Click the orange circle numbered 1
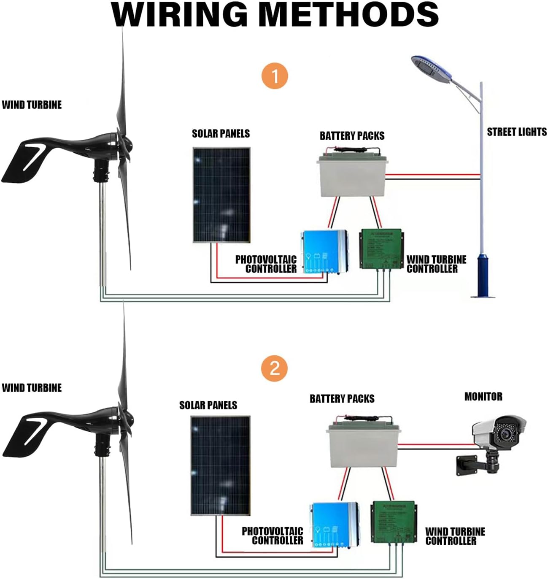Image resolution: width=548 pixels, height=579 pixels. pyautogui.click(x=275, y=76)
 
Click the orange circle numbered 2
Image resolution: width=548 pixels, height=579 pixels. pyautogui.click(x=274, y=368)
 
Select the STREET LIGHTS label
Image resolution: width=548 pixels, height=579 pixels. pyautogui.click(x=516, y=132)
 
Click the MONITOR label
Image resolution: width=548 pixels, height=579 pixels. pyautogui.click(x=483, y=397)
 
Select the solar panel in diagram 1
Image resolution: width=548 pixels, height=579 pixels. pyautogui.click(x=221, y=195)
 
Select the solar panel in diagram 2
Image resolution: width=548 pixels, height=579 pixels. pyautogui.click(x=220, y=465)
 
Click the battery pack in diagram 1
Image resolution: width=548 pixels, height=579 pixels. pyautogui.click(x=351, y=176)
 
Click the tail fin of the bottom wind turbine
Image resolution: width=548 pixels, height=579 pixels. pyautogui.click(x=25, y=437)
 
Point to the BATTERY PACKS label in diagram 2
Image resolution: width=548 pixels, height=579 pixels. pyautogui.click(x=342, y=399)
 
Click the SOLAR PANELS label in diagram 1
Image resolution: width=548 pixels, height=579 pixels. pyautogui.click(x=221, y=134)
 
